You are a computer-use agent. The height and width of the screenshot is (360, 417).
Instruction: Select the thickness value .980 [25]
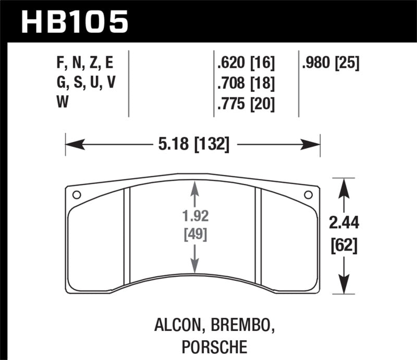point(330,63)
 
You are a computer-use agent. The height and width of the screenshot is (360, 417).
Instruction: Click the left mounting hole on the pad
point(76,195)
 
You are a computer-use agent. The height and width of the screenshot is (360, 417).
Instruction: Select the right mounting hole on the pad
point(308,195)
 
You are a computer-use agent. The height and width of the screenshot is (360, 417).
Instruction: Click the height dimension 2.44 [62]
point(344,233)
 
